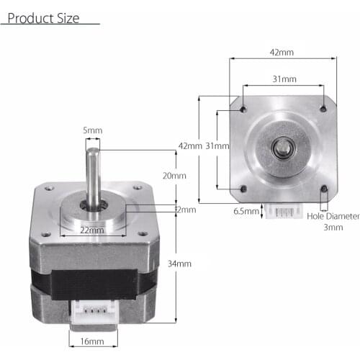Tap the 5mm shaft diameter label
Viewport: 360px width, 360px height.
point(93,130)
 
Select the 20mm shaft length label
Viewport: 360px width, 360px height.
point(175,176)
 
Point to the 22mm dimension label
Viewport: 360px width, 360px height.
point(92,230)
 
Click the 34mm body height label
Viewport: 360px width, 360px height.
point(180,264)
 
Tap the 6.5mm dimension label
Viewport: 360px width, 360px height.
point(243,212)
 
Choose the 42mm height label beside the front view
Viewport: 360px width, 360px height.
point(189,145)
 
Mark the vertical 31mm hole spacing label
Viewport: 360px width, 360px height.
point(217,145)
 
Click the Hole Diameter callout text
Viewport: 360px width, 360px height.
point(332,215)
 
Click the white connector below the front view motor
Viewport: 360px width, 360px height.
point(282,210)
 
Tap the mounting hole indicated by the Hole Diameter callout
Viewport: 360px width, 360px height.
point(323,190)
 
